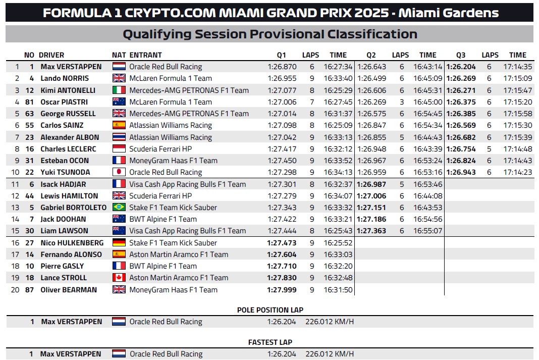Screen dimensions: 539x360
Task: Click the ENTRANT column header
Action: tap(145, 55)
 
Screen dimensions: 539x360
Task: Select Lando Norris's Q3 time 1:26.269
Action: tap(461, 78)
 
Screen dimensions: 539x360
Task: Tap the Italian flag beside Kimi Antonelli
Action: tap(119, 90)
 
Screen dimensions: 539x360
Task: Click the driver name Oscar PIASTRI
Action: tap(64, 102)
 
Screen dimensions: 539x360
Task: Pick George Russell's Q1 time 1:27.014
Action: tap(282, 114)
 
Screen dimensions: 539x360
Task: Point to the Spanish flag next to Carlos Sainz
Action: tap(119, 125)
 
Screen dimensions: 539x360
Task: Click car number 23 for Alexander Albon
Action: tap(30, 137)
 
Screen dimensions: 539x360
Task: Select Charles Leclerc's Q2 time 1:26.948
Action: tap(371, 149)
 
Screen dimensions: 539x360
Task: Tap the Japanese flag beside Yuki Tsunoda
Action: tap(119, 172)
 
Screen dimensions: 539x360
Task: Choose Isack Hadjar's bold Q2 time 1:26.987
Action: tap(371, 184)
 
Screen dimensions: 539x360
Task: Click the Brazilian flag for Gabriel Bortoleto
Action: tap(119, 208)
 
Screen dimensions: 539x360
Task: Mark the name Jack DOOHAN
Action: tap(63, 219)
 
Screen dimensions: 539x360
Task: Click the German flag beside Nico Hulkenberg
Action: tap(119, 243)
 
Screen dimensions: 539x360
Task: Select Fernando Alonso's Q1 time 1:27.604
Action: tap(282, 254)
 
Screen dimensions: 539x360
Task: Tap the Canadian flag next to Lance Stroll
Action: tap(119, 278)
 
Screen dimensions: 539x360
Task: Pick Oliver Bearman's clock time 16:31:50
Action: tap(338, 290)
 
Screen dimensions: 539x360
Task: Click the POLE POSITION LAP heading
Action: tap(270, 310)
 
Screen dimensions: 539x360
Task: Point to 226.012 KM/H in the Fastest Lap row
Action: tap(330, 354)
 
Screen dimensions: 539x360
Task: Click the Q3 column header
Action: tap(461, 55)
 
